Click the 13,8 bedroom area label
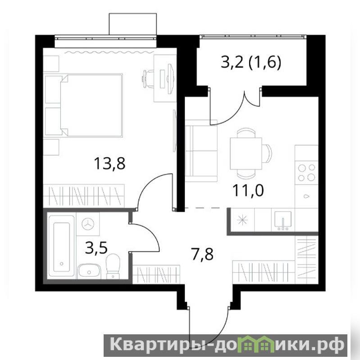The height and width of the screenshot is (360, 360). coord(110,164)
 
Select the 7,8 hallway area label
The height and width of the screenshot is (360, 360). coord(202,254)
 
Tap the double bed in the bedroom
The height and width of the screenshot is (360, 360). coord(84,105)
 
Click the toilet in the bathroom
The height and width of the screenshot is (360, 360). coord(113,266)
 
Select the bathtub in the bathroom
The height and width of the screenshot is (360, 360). coord(62,247)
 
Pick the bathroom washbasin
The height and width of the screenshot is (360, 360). coord(89,271)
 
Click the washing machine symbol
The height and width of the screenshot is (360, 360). coord(88,224)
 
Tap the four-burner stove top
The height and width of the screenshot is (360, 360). coord(306,172)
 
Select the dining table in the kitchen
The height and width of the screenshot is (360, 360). coord(246,153)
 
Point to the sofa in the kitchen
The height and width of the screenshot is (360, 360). coord(201,151)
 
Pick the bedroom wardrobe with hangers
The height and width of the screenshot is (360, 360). coord(84,196)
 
